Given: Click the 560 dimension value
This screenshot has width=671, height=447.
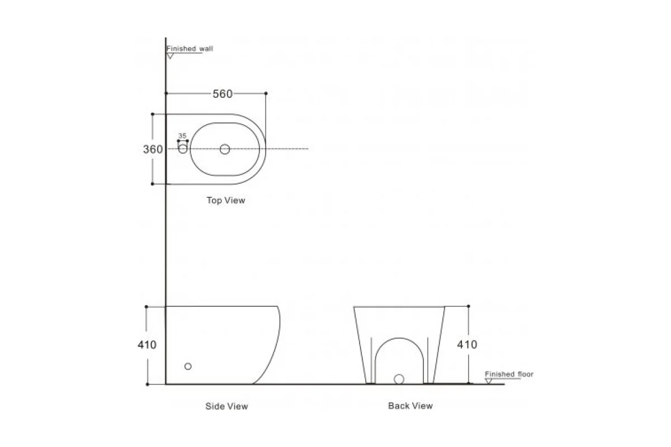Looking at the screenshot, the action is tap(223, 94).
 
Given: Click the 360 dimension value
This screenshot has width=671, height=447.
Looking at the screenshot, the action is tap(153, 149).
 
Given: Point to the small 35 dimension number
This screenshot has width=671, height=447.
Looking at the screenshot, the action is tap(182, 136).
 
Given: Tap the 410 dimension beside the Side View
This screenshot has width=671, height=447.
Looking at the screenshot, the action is tap(147, 345).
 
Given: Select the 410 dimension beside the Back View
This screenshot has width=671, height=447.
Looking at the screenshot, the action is tap(467, 345).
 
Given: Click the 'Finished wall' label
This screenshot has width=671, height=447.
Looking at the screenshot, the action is tap(190, 49).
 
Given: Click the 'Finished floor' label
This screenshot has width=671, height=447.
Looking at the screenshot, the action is tap(509, 374).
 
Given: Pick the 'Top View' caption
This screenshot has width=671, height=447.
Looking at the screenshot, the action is tap(226, 200).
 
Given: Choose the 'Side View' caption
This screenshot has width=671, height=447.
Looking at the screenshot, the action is tap(227, 406).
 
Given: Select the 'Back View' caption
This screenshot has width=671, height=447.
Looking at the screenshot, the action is tap(410, 406).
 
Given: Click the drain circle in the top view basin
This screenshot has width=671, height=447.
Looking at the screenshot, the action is tap(225, 149).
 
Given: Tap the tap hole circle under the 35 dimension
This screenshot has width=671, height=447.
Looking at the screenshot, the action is tap(183, 149).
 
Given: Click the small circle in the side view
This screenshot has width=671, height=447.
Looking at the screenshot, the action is tap(188, 366).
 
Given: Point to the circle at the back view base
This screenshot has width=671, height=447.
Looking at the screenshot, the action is tap(399, 379).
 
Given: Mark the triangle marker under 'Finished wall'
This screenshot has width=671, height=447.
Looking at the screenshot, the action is tap(170, 56).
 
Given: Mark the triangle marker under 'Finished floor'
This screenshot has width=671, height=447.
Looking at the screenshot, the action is tap(489, 381).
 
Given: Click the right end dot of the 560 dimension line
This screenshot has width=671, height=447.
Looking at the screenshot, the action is tap(266, 93).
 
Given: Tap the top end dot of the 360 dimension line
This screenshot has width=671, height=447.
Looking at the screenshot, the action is tap(153, 114).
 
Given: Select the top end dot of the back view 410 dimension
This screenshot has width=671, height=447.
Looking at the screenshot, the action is tap(469, 306).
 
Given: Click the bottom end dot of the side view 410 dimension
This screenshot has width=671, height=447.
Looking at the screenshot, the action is tap(147, 384).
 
